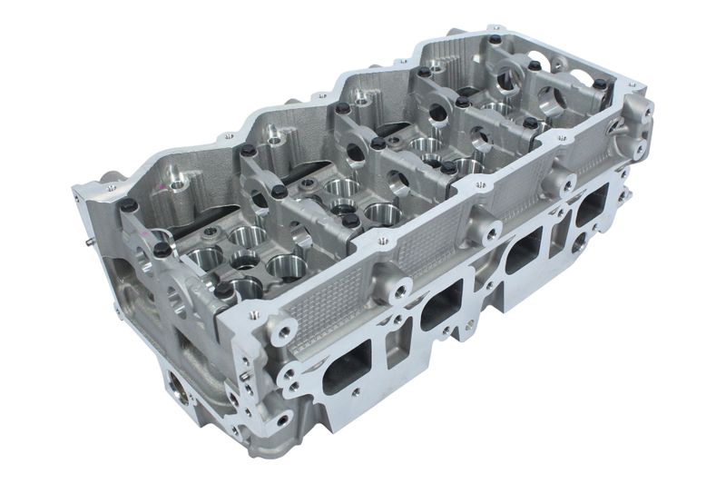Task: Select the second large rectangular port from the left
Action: tap(442, 305)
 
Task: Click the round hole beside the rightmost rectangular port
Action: tap(577, 242)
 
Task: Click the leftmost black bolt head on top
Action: tap(129, 206)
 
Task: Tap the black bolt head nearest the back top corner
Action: tap(495, 40)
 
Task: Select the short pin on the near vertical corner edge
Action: tap(244, 373)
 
